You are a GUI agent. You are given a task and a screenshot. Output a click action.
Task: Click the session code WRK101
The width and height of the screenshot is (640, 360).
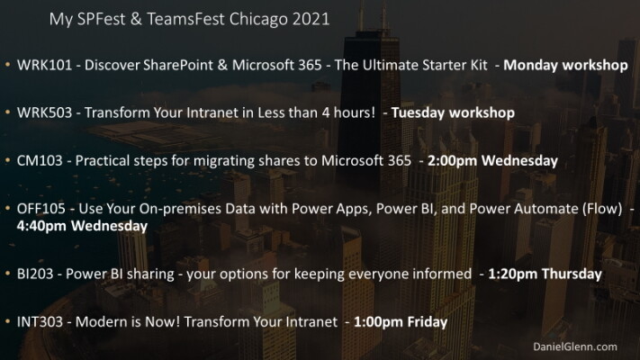44,65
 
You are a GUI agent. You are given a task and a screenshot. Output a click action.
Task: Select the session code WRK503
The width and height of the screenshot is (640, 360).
44,112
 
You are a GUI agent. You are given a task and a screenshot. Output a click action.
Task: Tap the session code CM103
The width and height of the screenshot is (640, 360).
40,161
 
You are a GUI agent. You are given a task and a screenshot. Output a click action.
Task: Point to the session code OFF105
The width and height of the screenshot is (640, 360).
41,209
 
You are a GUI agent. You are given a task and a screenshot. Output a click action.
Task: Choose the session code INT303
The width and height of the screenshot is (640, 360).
40,321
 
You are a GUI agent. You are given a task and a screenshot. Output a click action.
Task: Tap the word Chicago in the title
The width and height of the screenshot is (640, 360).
258,20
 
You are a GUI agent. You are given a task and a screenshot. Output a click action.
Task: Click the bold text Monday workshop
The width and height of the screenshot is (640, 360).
565,65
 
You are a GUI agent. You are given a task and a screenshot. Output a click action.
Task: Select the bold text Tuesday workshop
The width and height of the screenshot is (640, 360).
453,112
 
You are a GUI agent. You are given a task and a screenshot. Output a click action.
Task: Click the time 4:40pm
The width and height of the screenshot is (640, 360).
41,226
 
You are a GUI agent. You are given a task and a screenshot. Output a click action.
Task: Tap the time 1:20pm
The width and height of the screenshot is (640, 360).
513,274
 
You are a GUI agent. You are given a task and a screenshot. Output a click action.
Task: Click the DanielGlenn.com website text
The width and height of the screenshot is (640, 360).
575,346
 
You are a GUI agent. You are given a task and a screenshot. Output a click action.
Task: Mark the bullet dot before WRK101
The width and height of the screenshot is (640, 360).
7,65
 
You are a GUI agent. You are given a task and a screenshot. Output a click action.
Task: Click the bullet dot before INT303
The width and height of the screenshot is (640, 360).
7,321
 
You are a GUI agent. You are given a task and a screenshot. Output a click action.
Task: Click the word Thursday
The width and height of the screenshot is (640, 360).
572,274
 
